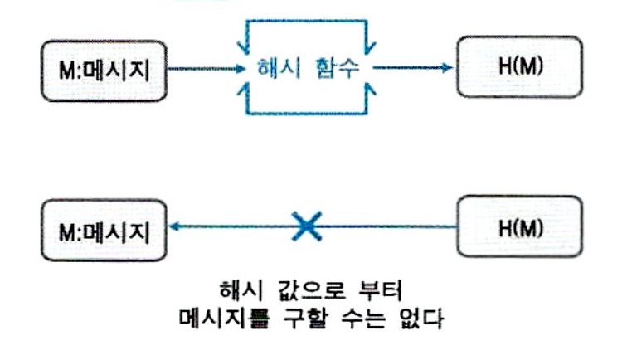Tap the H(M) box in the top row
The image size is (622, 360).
tap(521, 65)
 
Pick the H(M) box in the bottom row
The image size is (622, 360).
tap(521, 226)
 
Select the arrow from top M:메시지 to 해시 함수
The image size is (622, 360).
tap(207, 68)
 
